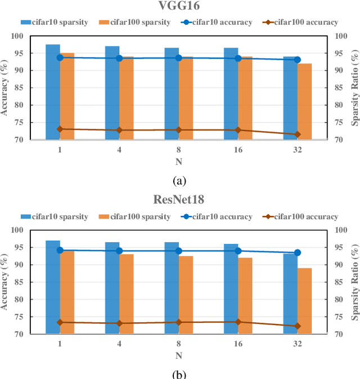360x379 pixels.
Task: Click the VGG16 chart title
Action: point(179,7)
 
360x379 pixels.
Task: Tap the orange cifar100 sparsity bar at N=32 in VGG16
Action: point(304,101)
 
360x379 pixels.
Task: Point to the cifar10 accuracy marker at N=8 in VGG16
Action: point(179,58)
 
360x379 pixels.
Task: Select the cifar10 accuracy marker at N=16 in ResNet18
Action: point(238,251)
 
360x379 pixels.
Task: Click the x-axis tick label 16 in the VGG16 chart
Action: point(238,150)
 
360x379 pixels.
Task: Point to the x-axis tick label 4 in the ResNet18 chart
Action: point(119,344)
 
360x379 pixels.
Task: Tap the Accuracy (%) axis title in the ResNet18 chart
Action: point(5,282)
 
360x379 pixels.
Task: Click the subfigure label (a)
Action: point(179,181)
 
